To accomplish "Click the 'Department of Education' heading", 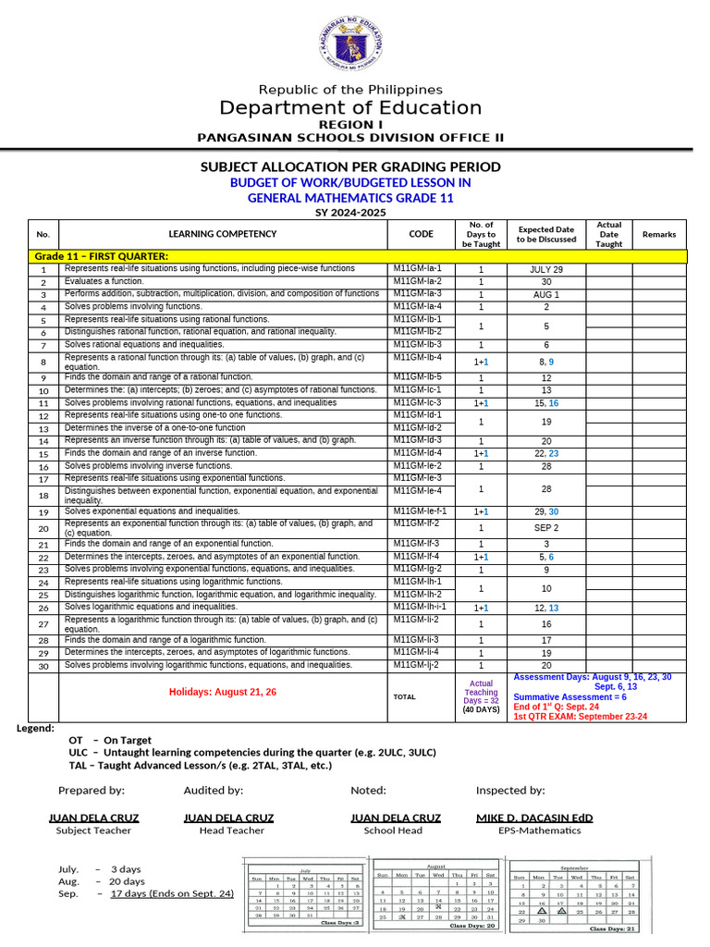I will tap(350, 108).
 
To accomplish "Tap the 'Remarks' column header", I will tap(659, 235).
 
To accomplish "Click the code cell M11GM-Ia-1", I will tap(418, 268).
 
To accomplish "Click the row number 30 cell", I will tap(43, 665).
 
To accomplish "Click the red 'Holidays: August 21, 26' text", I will tap(222, 692).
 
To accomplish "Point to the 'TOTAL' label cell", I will tap(404, 695).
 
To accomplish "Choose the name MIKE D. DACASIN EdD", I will tap(533, 818).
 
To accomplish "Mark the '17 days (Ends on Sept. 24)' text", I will tap(172, 893).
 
